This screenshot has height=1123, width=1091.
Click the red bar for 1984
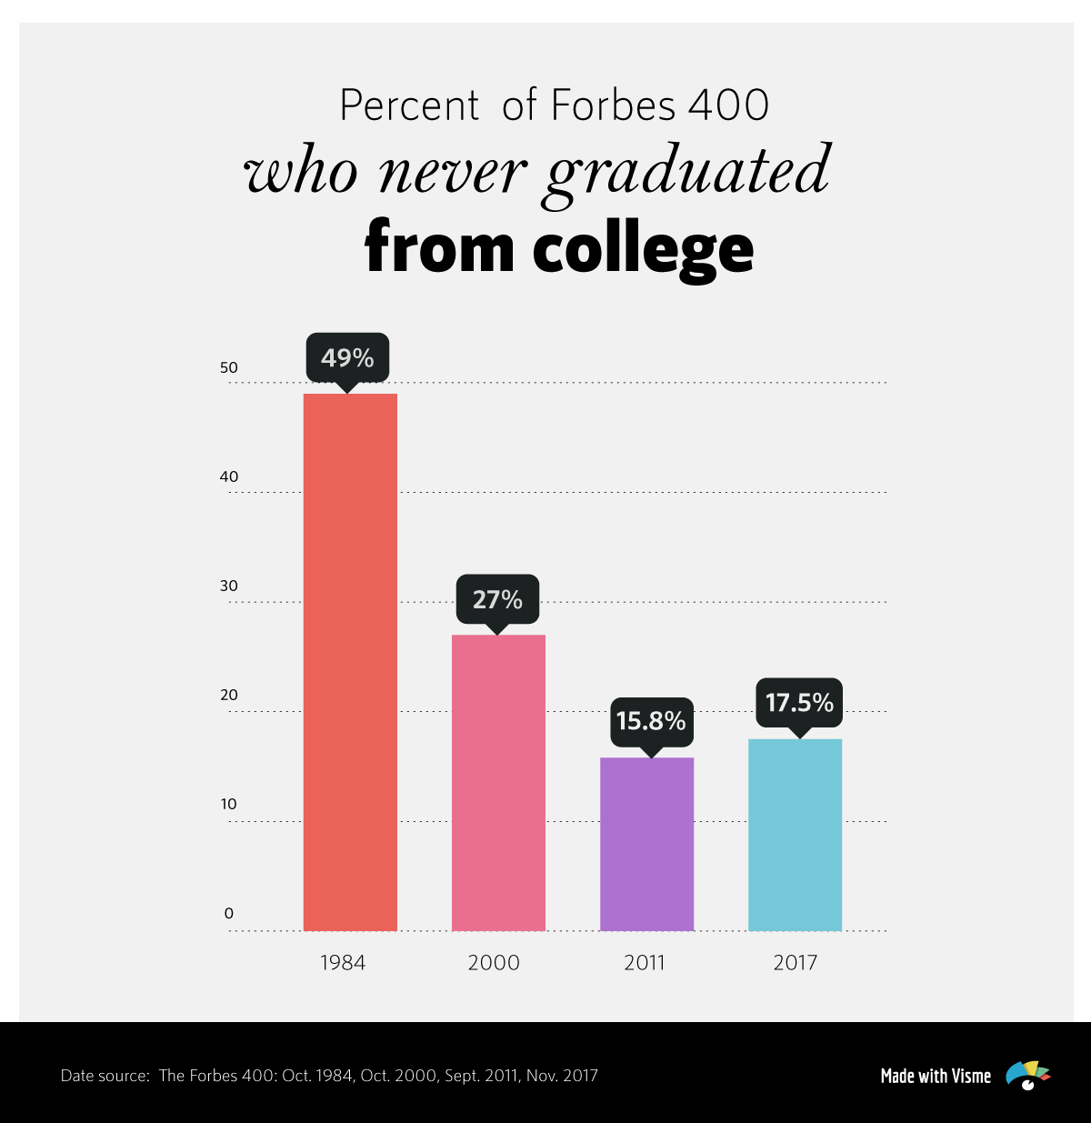pyautogui.click(x=350, y=662)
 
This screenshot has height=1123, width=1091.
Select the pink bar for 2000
pyautogui.click(x=498, y=782)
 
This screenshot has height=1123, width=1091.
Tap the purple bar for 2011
pyautogui.click(x=646, y=844)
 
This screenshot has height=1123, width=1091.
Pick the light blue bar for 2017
pyautogui.click(x=795, y=835)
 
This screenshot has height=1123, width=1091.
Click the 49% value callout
pyautogui.click(x=347, y=357)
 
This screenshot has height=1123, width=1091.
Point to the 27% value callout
pyautogui.click(x=497, y=599)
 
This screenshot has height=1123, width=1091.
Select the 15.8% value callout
pyautogui.click(x=651, y=721)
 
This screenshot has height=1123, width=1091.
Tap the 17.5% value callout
pyautogui.click(x=799, y=702)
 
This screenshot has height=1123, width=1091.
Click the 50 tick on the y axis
pyautogui.click(x=229, y=367)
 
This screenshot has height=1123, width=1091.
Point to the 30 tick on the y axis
pyautogui.click(x=229, y=586)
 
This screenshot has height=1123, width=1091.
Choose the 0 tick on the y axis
pyautogui.click(x=229, y=913)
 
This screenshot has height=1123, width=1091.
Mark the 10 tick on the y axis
pyautogui.click(x=229, y=804)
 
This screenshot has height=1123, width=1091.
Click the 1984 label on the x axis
pyautogui.click(x=343, y=963)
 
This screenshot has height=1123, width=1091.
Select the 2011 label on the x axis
pyautogui.click(x=645, y=963)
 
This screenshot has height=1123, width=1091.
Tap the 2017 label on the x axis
pyautogui.click(x=796, y=963)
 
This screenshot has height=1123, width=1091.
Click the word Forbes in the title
pyautogui.click(x=614, y=105)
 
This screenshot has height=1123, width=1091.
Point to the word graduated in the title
pyautogui.click(x=687, y=171)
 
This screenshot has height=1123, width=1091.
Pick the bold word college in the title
pyautogui.click(x=643, y=247)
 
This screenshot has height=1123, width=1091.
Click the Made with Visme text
pyautogui.click(x=936, y=1076)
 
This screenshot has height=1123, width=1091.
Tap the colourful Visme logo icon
pyautogui.click(x=1027, y=1076)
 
